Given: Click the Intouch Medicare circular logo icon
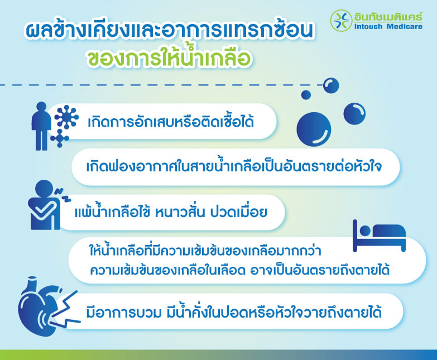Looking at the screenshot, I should [x=341, y=21].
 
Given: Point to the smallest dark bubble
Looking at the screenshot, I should [x=306, y=94].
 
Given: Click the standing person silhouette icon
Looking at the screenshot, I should [x=41, y=125].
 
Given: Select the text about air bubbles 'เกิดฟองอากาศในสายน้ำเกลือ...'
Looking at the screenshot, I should [x=234, y=166].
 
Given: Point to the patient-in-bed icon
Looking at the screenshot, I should [x=379, y=235].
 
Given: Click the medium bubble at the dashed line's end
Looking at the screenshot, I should [x=331, y=85].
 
